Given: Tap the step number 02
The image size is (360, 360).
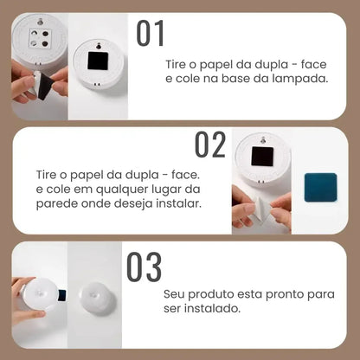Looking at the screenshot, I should (x=210, y=144).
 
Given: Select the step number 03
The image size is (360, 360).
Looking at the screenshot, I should (x=144, y=267).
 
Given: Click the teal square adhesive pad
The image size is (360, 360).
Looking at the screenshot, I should (x=319, y=188).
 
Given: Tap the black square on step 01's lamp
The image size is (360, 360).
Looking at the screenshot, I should (x=96, y=60).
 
